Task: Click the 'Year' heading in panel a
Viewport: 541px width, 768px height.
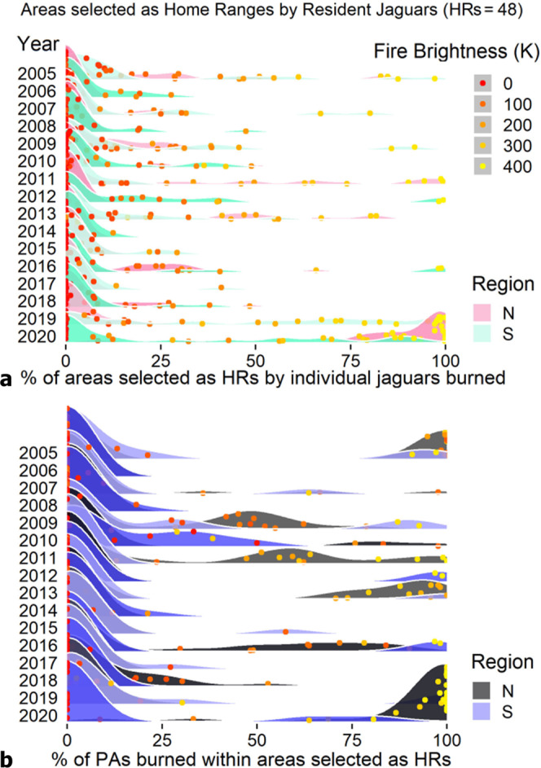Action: click(x=29, y=47)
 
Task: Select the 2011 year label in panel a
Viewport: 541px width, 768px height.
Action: click(x=35, y=178)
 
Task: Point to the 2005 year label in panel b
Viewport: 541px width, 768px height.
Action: click(x=35, y=452)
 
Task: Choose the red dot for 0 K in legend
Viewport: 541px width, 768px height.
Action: click(x=482, y=83)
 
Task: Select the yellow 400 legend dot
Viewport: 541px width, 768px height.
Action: click(x=482, y=167)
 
